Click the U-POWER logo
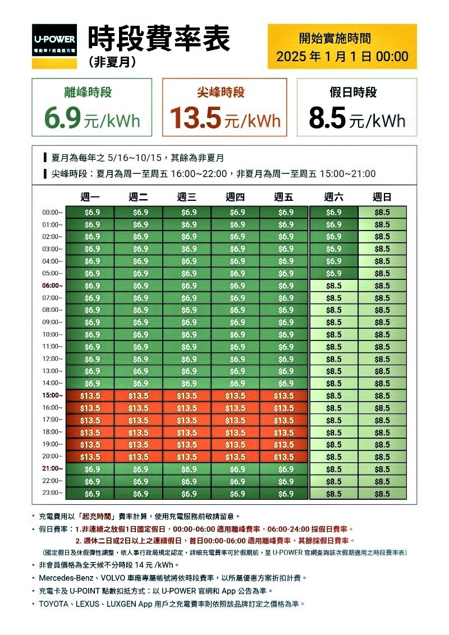pyautogui.click(x=54, y=44)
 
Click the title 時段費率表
pyautogui.click(x=158, y=40)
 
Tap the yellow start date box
pyautogui.click(x=342, y=47)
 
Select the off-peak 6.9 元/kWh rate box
pyautogui.click(x=92, y=107)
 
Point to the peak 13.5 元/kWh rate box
pyautogui.click(x=224, y=107)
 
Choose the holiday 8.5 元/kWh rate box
pyautogui.click(x=357, y=107)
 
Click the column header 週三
pyautogui.click(x=187, y=197)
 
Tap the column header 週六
pyautogui.click(x=334, y=197)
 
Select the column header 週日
pyautogui.click(x=382, y=197)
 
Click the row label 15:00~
pyautogui.click(x=53, y=395)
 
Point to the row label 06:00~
pyautogui.click(x=53, y=286)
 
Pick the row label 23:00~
pyautogui.click(x=53, y=493)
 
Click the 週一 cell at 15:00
pyautogui.click(x=90, y=395)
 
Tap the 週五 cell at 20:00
pyautogui.click(x=284, y=457)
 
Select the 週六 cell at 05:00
pyautogui.click(x=334, y=273)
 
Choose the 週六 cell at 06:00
pyautogui.click(x=334, y=286)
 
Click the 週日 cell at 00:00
pyautogui.click(x=382, y=212)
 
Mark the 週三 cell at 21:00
pyautogui.click(x=187, y=469)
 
